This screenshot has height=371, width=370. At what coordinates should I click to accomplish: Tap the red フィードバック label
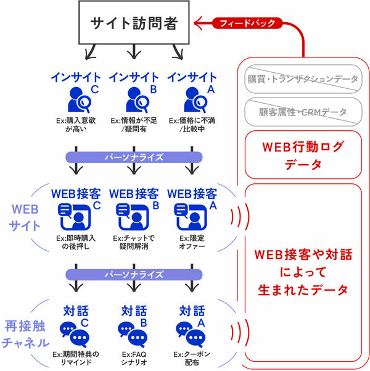[247, 23]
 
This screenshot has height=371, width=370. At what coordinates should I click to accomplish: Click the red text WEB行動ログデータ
[302, 156]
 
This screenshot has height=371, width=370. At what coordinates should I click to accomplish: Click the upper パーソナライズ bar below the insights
[133, 157]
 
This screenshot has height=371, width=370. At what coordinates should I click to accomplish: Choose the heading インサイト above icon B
[134, 78]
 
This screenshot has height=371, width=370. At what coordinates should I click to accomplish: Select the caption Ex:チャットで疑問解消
[134, 242]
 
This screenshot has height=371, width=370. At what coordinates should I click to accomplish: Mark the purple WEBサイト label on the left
[25, 217]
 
